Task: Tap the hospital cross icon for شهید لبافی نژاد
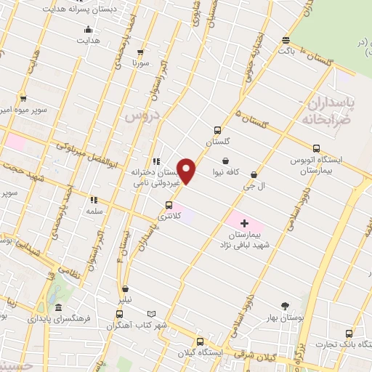[x=244, y=222]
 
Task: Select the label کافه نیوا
[x=226, y=174]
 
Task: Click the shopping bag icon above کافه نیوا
[x=226, y=161]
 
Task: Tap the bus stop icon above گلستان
[x=217, y=131]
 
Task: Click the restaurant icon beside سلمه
[x=93, y=199]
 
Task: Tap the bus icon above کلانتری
[x=170, y=205]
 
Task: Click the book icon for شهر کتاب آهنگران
[x=154, y=313]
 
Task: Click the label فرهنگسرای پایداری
[x=57, y=318]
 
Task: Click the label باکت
[x=287, y=52]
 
